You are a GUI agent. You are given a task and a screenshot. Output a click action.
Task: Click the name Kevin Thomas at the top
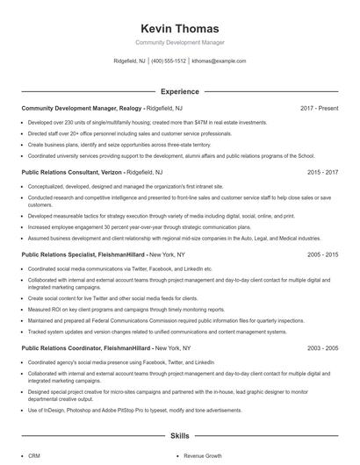[x=179, y=29]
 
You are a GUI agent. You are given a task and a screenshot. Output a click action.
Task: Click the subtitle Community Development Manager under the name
[x=179, y=42]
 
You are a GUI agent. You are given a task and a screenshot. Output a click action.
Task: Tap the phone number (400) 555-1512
[x=169, y=61]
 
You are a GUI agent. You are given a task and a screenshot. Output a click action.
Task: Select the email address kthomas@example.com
[x=220, y=61]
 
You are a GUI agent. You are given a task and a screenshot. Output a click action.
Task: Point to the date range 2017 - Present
[x=319, y=108]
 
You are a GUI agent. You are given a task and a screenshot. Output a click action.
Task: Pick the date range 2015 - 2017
[x=322, y=173]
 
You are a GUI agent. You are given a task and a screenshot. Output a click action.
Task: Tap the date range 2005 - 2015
[x=322, y=254]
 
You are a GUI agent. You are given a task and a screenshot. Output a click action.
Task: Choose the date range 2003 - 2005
[x=322, y=347]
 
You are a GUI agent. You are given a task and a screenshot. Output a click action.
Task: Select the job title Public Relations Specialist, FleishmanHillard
[x=85, y=254]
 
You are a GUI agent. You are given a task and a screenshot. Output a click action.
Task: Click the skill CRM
[x=34, y=456]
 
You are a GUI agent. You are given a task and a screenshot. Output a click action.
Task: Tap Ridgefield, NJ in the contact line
[x=130, y=61]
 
